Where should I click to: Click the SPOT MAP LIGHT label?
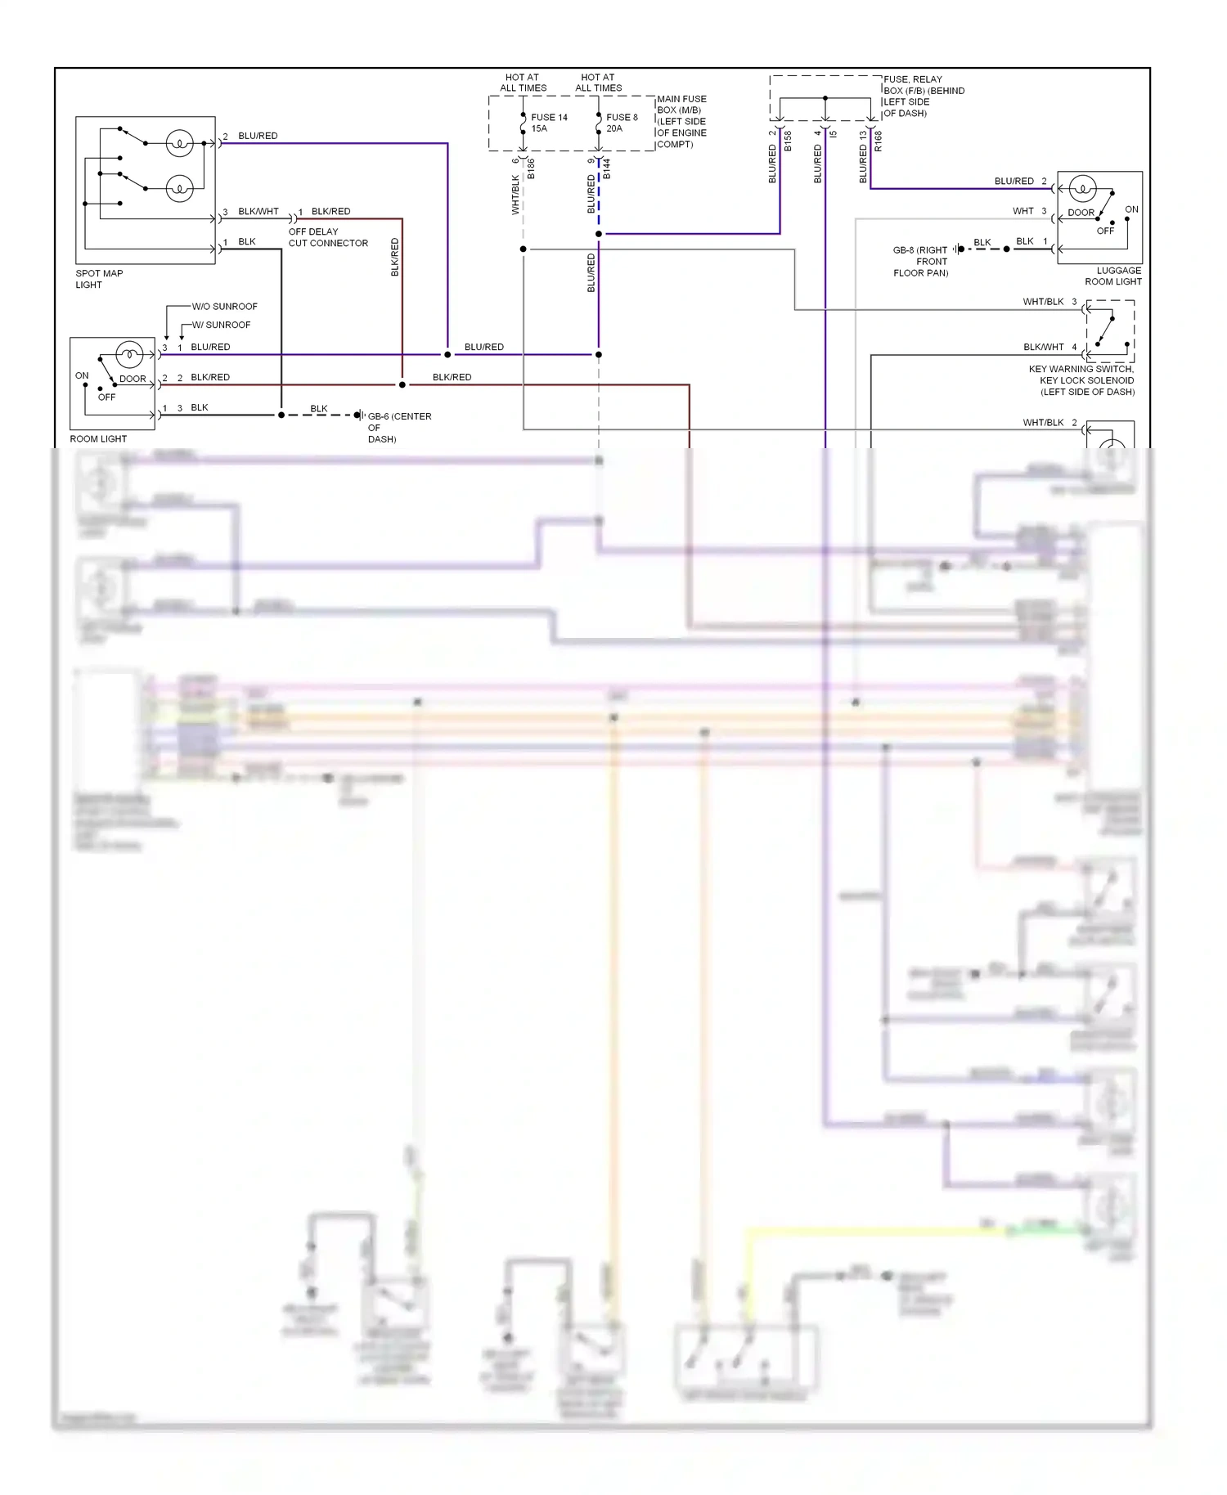pyautogui.click(x=99, y=279)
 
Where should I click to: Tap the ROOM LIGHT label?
pyautogui.click(x=98, y=438)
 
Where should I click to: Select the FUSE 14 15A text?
pyautogui.click(x=549, y=123)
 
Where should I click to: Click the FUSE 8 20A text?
pyautogui.click(x=622, y=123)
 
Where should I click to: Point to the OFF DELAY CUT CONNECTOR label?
pyautogui.click(x=327, y=237)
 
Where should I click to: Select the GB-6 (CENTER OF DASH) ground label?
pyautogui.click(x=398, y=427)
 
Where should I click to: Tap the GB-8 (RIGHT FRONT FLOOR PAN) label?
pyautogui.click(x=920, y=261)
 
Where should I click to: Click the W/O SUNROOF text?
pyautogui.click(x=224, y=306)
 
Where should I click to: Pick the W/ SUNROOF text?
pyautogui.click(x=221, y=325)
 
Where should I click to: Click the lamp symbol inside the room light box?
pyautogui.click(x=129, y=354)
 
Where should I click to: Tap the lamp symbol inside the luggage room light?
pyautogui.click(x=1082, y=189)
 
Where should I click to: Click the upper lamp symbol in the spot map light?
pyautogui.click(x=179, y=143)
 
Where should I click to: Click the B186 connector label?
pyautogui.click(x=531, y=169)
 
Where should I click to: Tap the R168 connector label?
pyautogui.click(x=878, y=141)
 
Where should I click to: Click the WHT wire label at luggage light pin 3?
pyautogui.click(x=1022, y=211)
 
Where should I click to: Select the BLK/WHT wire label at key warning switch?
pyautogui.click(x=1043, y=347)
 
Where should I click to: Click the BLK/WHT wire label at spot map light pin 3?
pyautogui.click(x=258, y=211)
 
